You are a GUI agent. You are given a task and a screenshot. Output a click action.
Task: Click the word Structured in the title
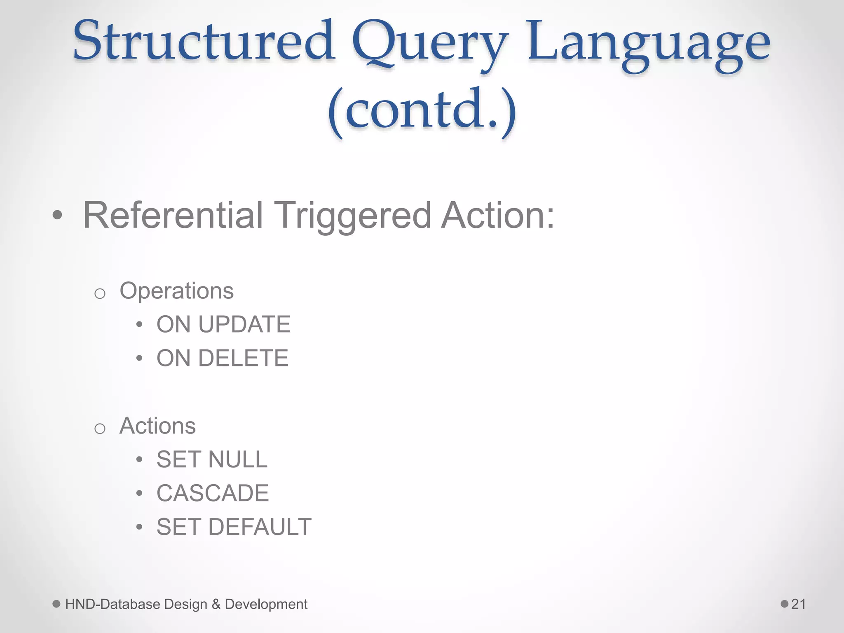coord(204,41)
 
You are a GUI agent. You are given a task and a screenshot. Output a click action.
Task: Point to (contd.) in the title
coord(422,110)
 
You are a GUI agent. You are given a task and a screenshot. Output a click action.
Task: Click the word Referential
coord(173,215)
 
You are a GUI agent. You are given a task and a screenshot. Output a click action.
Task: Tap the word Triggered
coord(353,216)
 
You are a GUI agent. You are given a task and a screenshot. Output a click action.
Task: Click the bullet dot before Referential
coord(58,215)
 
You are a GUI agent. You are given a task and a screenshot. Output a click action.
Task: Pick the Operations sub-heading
coord(176,291)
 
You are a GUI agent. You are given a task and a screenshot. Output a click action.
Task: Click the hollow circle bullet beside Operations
coord(100,294)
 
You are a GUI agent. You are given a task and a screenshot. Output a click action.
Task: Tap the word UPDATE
coord(244,324)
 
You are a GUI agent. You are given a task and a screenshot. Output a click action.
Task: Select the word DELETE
coord(243,358)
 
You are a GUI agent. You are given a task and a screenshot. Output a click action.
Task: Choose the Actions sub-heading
coord(157,426)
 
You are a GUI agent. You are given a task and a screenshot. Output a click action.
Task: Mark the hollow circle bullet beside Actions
coord(100,429)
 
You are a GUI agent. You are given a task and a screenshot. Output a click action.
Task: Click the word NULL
coord(238,460)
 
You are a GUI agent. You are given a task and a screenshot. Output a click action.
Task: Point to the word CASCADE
coord(213,493)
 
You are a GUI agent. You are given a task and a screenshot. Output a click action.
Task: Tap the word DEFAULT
coord(260,527)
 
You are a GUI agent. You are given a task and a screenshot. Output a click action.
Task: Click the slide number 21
coord(798,604)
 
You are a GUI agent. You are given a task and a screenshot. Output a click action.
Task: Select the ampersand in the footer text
coord(216,604)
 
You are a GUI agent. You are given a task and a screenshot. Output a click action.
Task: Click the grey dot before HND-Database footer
coord(56,604)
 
